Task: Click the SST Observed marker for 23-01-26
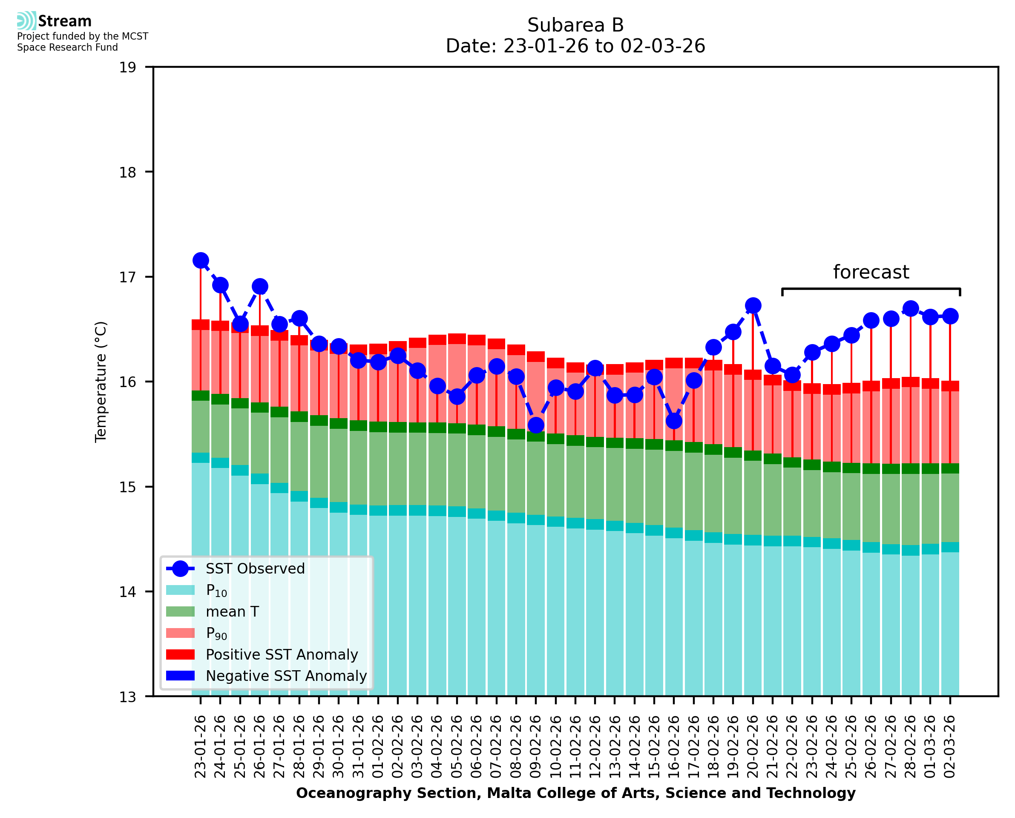click(201, 261)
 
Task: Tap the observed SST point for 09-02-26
click(536, 425)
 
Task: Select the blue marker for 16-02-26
click(674, 421)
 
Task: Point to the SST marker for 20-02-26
click(753, 306)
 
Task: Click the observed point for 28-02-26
click(910, 309)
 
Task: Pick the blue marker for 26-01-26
click(260, 287)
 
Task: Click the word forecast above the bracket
click(871, 273)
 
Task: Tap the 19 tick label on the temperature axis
click(127, 67)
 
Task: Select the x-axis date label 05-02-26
click(457, 747)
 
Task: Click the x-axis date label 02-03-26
click(950, 747)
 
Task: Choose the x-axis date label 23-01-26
click(201, 747)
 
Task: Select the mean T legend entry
click(232, 611)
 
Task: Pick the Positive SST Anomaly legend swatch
click(181, 654)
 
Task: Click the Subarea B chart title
click(575, 25)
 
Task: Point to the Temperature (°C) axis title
click(101, 382)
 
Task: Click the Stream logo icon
click(26, 21)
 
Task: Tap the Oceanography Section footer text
click(575, 793)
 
